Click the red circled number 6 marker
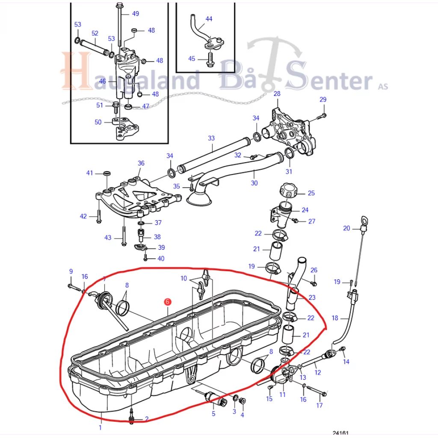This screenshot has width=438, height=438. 167,302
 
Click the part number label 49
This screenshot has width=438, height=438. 136,14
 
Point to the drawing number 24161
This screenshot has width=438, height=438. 341,433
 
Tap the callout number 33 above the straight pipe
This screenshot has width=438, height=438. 211,138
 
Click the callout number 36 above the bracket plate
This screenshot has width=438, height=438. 141,163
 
